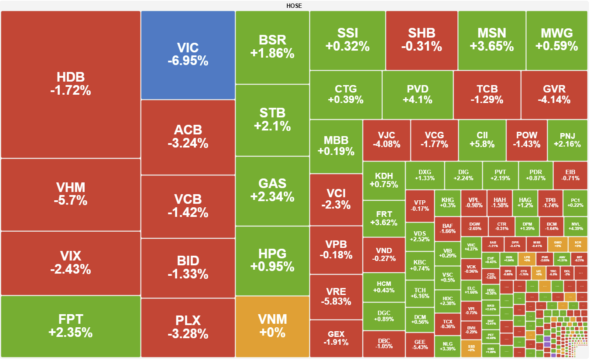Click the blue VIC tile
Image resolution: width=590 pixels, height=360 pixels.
coord(188,55)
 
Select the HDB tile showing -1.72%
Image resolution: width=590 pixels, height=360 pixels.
coord(70,84)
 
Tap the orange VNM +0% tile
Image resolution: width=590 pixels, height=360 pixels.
coord(272,326)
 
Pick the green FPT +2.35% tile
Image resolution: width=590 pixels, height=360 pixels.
coord(70,326)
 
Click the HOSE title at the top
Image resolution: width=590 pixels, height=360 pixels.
coord(294,6)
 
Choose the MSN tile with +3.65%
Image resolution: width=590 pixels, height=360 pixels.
coord(491,40)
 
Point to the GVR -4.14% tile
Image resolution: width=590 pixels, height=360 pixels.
coord(554,94)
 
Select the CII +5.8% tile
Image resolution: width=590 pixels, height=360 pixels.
coord(482,140)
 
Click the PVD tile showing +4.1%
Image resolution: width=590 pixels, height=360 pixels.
coord(418,94)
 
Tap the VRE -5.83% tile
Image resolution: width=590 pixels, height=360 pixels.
coord(336,297)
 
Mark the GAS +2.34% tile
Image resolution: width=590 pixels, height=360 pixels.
coord(272,190)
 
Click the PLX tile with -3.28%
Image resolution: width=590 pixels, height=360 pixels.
coord(188,327)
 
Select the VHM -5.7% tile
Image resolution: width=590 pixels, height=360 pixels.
coord(70,194)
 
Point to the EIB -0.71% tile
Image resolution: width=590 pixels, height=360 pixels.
coord(570,175)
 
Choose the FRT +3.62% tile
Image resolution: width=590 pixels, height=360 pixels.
coord(384,218)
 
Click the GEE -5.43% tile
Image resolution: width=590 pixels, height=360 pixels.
coord(420,345)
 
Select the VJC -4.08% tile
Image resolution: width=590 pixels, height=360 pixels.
coord(386,140)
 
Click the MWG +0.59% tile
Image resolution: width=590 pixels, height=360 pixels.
coord(556,40)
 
